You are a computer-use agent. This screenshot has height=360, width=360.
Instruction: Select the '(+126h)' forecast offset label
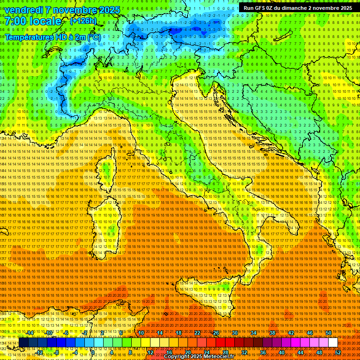[83, 21]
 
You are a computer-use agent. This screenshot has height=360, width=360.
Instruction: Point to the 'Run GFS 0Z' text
[258, 8]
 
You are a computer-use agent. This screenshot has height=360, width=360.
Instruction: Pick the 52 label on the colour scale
[337, 352]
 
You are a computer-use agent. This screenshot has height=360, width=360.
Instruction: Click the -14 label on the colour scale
[30, 333]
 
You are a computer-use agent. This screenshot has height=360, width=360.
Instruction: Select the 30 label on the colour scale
[235, 333]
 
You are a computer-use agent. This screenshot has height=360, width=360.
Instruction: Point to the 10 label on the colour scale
[141, 333]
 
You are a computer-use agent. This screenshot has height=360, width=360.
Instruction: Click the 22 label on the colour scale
[197, 333]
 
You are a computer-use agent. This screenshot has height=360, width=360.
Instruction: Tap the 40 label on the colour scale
[282, 352]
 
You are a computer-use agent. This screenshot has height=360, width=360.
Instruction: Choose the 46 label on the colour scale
[310, 333]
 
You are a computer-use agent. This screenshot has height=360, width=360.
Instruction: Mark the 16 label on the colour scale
[169, 352]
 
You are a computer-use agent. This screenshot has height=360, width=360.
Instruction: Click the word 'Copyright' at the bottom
[177, 357]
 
